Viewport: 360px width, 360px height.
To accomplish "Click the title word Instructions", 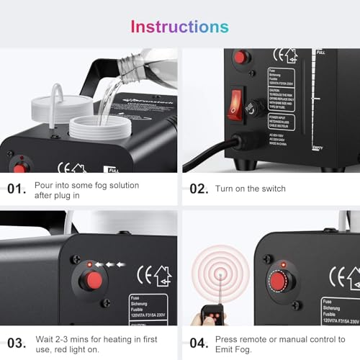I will point(179,27).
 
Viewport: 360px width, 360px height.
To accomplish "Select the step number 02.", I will point(198,189).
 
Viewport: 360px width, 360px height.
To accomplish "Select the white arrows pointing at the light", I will point(108,264).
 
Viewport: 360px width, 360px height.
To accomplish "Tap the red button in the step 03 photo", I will point(90,282).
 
